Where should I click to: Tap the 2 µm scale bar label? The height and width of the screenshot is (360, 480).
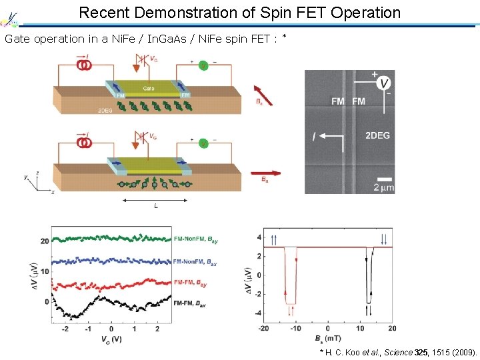[x=385, y=188]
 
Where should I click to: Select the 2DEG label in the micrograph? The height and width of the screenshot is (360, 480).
[x=377, y=135]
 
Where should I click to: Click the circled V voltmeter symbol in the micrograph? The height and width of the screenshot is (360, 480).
[x=383, y=83]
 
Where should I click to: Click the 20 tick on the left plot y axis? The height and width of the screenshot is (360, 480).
[x=45, y=241]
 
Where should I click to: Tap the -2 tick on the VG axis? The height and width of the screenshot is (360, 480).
[x=64, y=329]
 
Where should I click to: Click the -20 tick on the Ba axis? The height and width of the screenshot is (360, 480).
[x=263, y=329]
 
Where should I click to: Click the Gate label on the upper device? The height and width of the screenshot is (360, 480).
[x=150, y=88]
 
